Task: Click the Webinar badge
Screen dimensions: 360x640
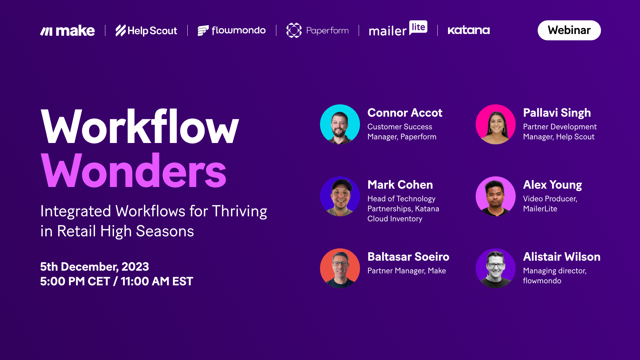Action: click(569, 30)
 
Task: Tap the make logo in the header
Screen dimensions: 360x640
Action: click(67, 31)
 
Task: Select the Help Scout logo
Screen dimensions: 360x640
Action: click(146, 31)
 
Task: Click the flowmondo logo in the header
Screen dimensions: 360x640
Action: click(232, 31)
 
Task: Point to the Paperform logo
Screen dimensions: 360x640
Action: click(317, 31)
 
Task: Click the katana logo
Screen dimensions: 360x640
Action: click(468, 30)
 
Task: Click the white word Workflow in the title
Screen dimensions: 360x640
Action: click(140, 127)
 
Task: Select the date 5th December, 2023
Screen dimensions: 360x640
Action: click(94, 267)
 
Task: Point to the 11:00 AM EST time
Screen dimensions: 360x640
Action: click(157, 281)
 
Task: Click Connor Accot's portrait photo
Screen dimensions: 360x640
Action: click(340, 124)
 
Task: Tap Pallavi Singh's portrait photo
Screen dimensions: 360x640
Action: click(496, 124)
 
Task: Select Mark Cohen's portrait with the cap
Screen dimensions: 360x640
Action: click(340, 196)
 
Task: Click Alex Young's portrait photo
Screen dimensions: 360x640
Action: click(496, 196)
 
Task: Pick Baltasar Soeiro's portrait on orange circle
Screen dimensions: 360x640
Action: click(340, 268)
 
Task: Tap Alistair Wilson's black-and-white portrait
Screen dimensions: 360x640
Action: click(496, 268)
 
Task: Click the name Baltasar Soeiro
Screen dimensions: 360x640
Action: click(408, 257)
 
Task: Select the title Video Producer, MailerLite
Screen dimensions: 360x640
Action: click(550, 204)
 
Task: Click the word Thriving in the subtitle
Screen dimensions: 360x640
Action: click(239, 211)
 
